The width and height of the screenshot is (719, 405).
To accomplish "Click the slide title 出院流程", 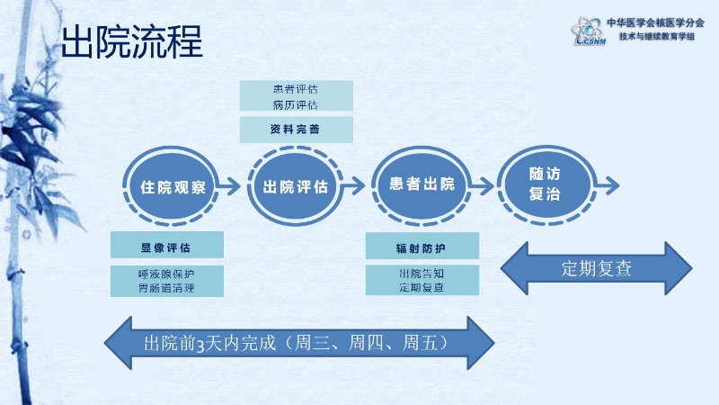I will click(x=131, y=41).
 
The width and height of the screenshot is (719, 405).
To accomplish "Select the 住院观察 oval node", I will click(x=173, y=187).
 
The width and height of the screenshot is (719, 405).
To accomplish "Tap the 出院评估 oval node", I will click(x=295, y=187).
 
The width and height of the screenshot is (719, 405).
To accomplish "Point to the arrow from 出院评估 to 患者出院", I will click(x=354, y=186).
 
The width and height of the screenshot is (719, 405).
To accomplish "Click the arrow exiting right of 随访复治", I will click(x=607, y=184).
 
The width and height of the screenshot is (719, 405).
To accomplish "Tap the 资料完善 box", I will click(x=296, y=130).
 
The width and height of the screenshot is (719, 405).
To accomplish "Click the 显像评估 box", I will click(x=166, y=245).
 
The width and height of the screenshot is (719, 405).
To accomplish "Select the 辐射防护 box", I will click(x=422, y=245).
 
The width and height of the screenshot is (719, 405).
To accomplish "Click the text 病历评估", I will click(x=296, y=104).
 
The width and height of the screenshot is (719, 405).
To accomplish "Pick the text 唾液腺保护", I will click(x=166, y=273).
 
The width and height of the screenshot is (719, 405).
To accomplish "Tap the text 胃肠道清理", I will click(x=166, y=288).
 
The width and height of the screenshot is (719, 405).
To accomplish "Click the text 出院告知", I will click(x=422, y=273).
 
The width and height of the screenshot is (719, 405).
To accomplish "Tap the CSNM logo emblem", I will click(x=586, y=31).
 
